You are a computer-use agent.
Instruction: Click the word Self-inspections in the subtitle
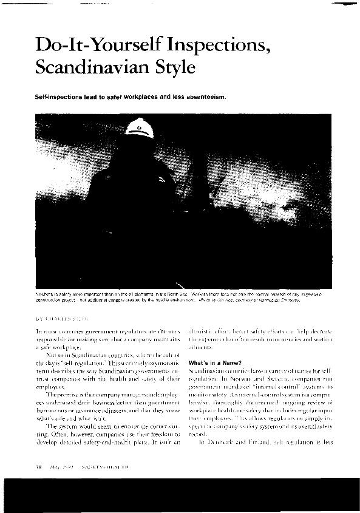click(53, 97)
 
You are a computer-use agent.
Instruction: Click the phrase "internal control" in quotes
click(267, 386)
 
